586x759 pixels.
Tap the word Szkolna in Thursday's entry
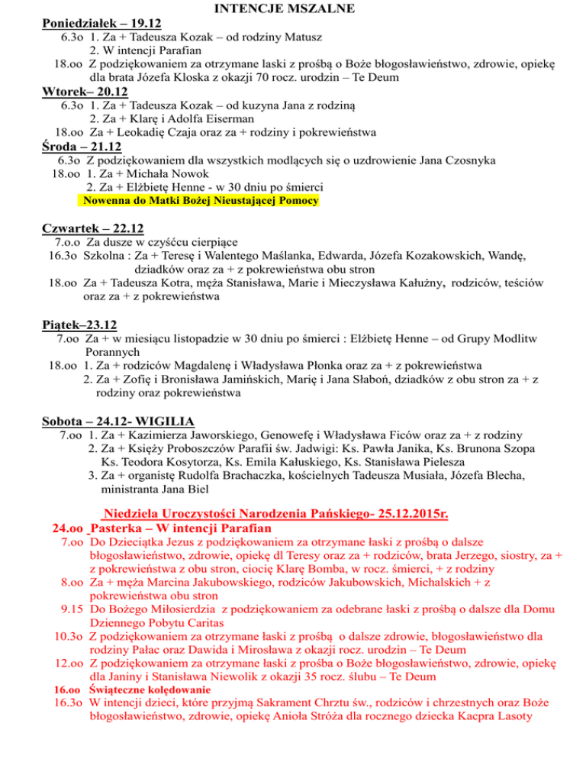pyautogui.click(x=104, y=260)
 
